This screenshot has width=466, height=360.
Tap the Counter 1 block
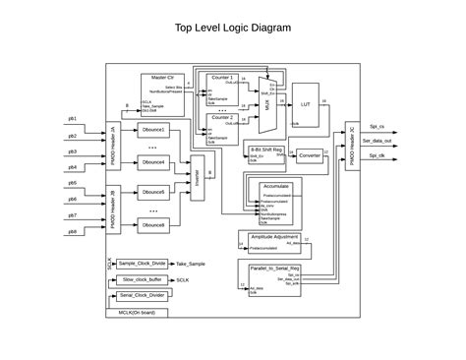pos(222,88)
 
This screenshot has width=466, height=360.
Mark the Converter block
pos(310,155)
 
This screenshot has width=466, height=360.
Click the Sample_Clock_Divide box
pos(142,264)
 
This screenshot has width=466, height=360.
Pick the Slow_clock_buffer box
pos(141,279)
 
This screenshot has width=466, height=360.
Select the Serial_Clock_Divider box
pos(141,295)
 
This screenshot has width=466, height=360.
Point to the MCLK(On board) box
pos(137,313)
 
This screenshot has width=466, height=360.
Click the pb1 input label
pos(72,120)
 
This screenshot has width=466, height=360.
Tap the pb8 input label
pos(72,231)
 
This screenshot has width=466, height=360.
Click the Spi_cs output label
pos(377,126)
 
